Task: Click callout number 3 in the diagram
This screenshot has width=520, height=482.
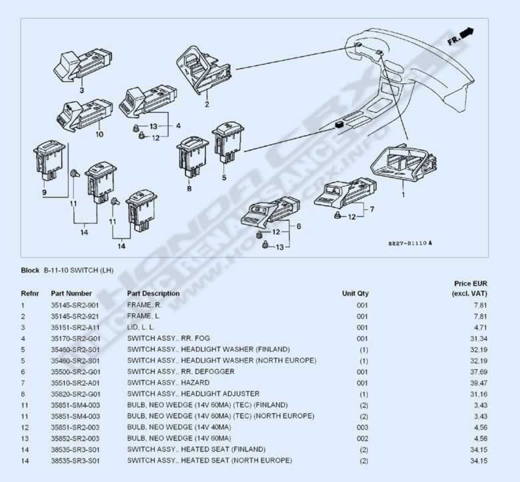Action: [x=81, y=90]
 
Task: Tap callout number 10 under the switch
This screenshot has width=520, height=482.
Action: [x=99, y=135]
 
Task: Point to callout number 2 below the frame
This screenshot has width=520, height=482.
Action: [x=207, y=104]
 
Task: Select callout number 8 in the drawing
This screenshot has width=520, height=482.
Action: [x=189, y=189]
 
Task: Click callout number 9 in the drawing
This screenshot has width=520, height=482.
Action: [x=45, y=193]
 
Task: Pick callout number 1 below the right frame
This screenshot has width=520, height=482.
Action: [x=403, y=195]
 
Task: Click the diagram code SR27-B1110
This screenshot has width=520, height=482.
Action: [x=410, y=243]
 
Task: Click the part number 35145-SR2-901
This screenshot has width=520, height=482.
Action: [x=75, y=305]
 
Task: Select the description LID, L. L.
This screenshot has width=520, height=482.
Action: [x=141, y=327]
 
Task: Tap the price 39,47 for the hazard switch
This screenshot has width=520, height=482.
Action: [x=479, y=383]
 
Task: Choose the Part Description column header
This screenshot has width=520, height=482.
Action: [x=153, y=293]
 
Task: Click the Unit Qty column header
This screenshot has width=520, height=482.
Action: [x=355, y=293]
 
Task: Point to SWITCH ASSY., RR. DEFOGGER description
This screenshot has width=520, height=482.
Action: [x=181, y=372]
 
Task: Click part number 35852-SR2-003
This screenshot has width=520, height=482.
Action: [x=75, y=439]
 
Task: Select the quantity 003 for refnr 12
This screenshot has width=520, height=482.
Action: [x=363, y=427]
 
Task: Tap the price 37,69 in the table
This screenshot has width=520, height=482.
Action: [x=479, y=372]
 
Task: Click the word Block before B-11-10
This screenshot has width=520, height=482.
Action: [x=30, y=271]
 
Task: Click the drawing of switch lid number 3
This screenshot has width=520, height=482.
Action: [x=83, y=66]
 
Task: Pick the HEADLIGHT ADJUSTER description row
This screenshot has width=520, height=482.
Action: [x=193, y=394]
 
